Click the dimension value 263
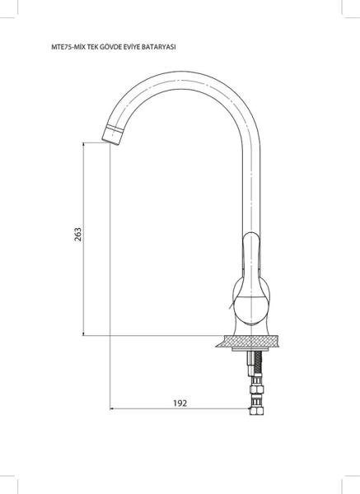[x=77, y=235]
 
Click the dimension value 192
[x=180, y=403]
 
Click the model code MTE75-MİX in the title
[x=64, y=47]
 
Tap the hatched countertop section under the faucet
[x=248, y=341]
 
